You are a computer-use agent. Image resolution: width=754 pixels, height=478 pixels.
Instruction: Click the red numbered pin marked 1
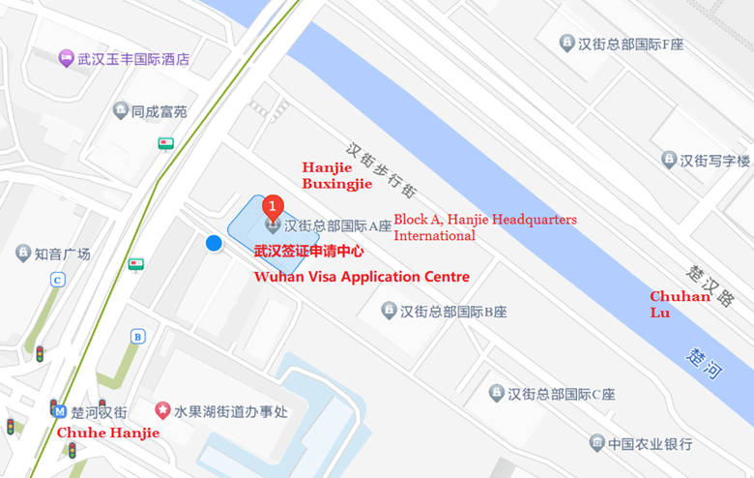tap(274, 206)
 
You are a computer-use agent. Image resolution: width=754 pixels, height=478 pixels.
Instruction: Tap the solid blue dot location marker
tap(215, 244)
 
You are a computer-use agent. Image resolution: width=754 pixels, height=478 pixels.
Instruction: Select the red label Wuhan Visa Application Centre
tap(361, 277)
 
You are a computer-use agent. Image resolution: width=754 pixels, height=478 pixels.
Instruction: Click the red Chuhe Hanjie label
tap(108, 433)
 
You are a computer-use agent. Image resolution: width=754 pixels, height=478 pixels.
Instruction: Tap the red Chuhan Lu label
tap(679, 304)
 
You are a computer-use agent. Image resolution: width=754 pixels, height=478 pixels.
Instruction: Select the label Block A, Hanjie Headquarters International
tap(484, 227)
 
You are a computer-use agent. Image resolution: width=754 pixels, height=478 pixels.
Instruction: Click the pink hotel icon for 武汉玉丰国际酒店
tap(66, 58)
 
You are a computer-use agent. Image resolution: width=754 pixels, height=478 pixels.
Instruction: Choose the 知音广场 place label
tap(62, 254)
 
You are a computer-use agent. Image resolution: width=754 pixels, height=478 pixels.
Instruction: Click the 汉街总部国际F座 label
tap(633, 44)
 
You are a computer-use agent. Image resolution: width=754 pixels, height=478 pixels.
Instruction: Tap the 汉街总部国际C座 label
tap(561, 393)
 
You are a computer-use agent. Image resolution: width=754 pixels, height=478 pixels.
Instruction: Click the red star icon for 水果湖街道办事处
tap(162, 411)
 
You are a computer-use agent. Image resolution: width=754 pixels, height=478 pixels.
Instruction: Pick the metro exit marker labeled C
tap(58, 280)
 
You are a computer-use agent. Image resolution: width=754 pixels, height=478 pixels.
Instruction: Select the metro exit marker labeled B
tap(138, 337)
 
